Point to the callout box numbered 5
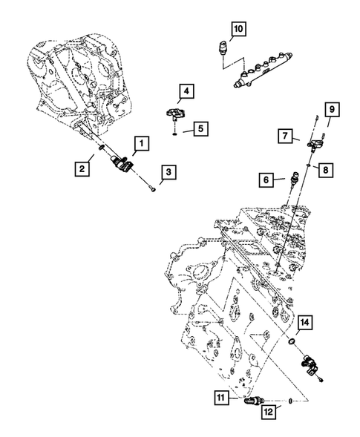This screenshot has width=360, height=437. click(x=201, y=128)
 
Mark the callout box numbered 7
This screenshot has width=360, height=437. click(x=284, y=135)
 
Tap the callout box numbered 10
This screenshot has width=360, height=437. click(x=238, y=30)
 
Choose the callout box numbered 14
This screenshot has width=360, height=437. click(x=305, y=323)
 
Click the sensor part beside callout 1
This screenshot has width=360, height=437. click(x=121, y=162)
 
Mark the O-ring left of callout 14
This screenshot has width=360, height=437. click(x=292, y=342)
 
